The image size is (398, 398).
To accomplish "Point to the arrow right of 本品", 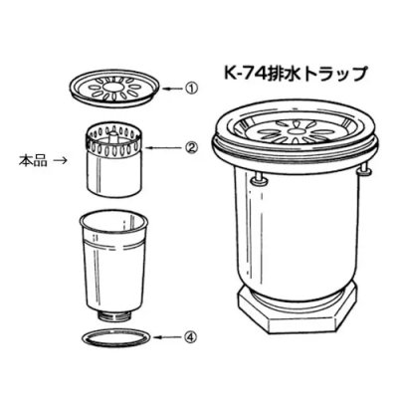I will [x=61, y=158].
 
